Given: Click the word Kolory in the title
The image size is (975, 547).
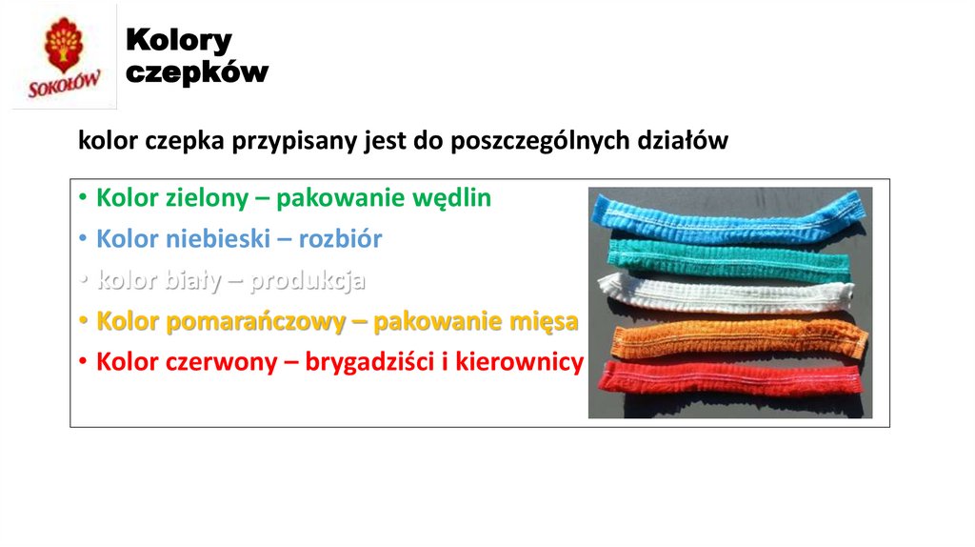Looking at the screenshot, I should pyautogui.click(x=179, y=40).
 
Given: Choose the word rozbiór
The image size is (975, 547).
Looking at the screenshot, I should pyautogui.click(x=340, y=239).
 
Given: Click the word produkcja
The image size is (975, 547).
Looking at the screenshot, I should pyautogui.click(x=308, y=281).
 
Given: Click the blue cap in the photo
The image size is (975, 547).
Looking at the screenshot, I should pyautogui.click(x=728, y=216).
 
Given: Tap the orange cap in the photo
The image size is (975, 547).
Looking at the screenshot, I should pyautogui.click(x=733, y=336).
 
